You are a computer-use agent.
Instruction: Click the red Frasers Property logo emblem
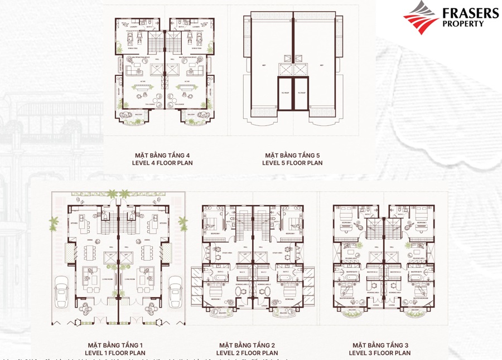pos(421,18)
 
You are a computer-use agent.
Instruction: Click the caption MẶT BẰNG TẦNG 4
pos(162,155)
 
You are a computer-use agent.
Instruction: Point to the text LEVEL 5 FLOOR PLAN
pos(292,163)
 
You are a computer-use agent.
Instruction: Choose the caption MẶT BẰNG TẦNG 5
pos(292,155)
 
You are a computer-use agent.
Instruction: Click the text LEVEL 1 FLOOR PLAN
pos(115,353)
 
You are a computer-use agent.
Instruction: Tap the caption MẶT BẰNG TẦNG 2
pos(248,345)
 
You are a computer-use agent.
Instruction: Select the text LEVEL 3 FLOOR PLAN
pos(380,353)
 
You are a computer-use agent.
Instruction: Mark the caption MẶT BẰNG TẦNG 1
pos(115,345)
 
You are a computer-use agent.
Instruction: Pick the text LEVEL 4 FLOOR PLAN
pos(162,163)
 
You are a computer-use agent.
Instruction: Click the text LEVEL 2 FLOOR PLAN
pos(248,353)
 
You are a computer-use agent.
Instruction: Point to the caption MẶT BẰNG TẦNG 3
pos(380,345)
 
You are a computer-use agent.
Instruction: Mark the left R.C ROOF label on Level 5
pos(286,93)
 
